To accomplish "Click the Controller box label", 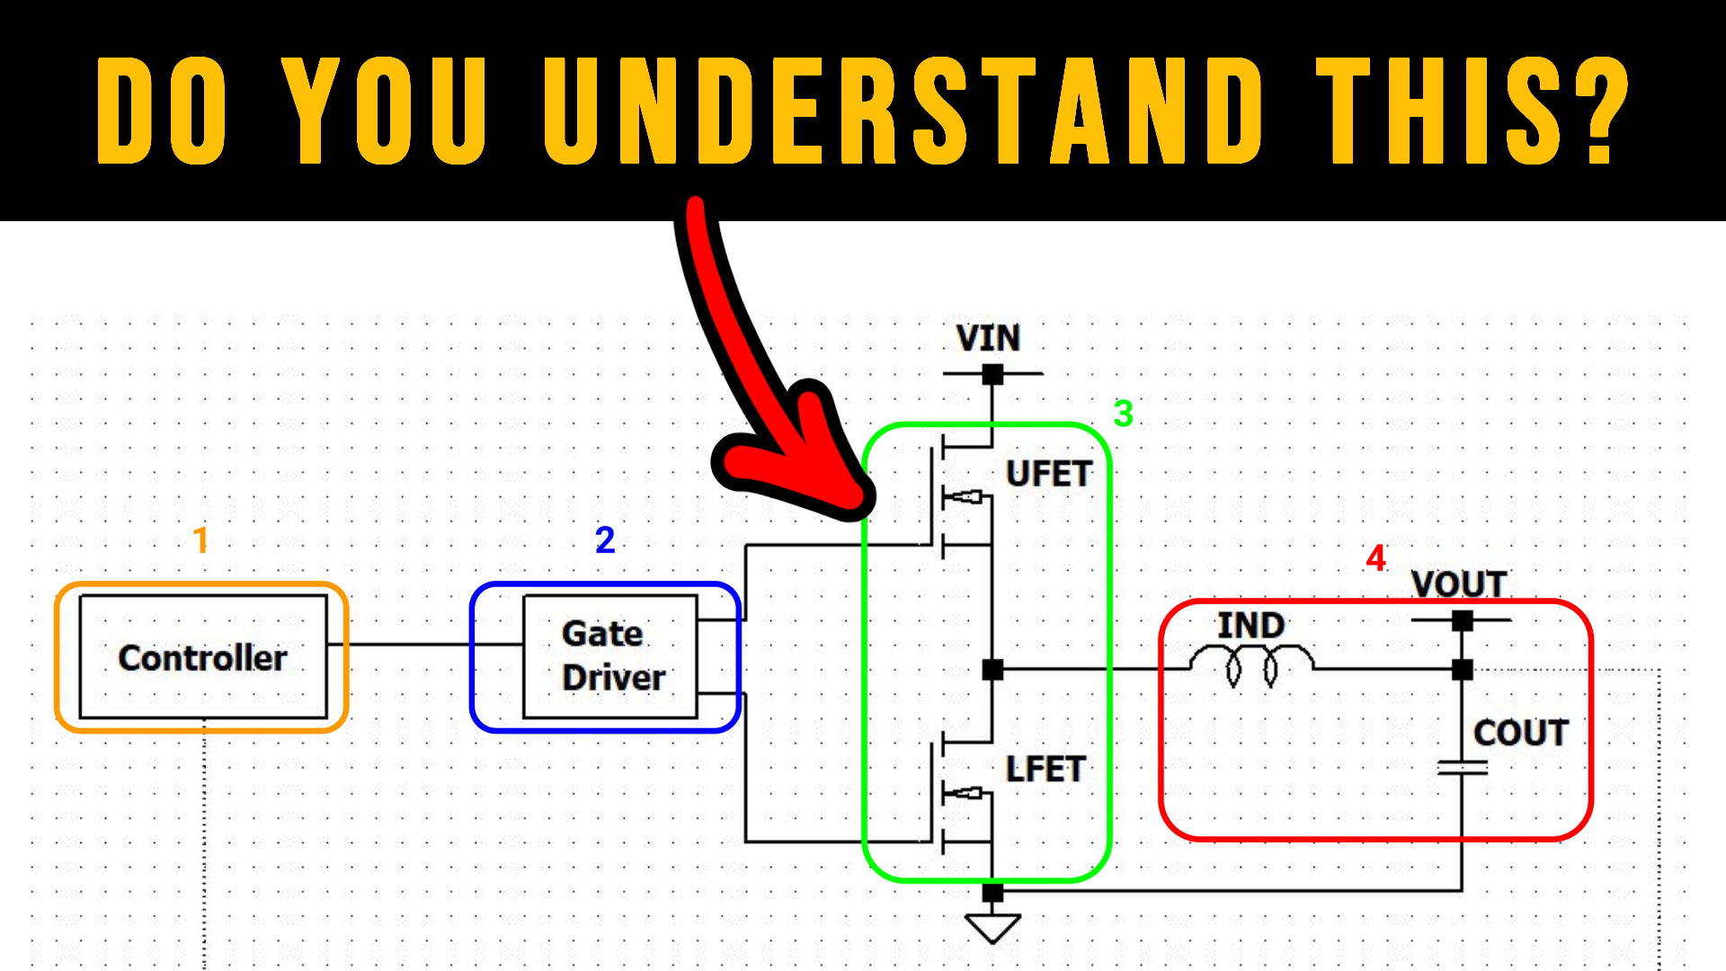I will tap(202, 658).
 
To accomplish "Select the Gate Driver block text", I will tap(611, 655).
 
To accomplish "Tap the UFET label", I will tap(1048, 474).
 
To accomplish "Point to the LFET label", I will tap(1045, 770).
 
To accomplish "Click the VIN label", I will tap(988, 339).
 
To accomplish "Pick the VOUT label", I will tap(1458, 584).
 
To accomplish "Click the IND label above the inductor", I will tap(1250, 626).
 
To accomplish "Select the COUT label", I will tap(1520, 733).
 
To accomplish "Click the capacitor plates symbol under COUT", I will tap(1463, 768).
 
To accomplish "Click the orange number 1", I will tap(201, 539).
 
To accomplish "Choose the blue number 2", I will tap(605, 539).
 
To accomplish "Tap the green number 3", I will tap(1123, 414).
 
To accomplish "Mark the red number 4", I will tap(1375, 558).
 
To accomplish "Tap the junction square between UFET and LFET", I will tap(992, 669).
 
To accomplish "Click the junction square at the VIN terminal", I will tap(992, 374).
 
